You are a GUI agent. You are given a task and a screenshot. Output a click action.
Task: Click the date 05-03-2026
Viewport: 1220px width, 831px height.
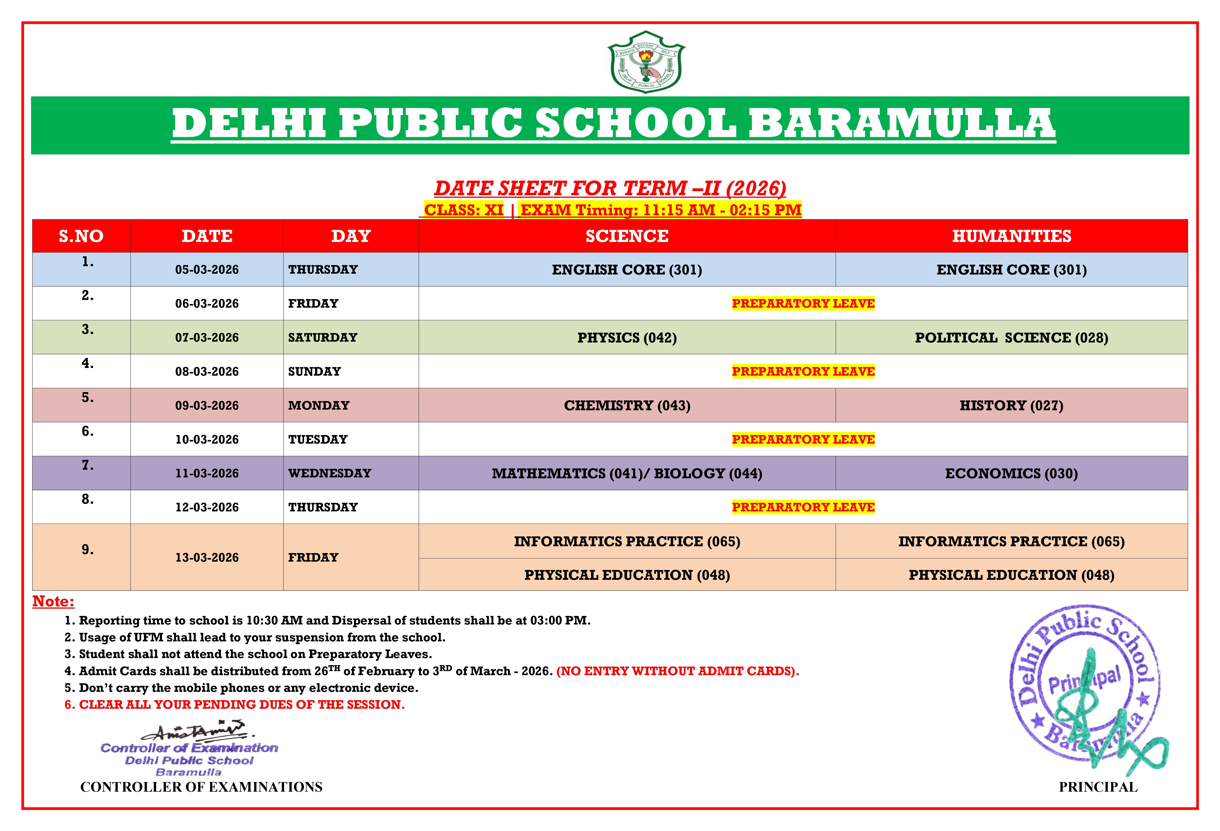[207, 270]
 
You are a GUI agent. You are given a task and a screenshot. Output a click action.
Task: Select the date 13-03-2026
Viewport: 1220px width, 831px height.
[207, 558]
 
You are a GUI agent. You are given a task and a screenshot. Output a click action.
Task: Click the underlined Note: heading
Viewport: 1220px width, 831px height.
[53, 602]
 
